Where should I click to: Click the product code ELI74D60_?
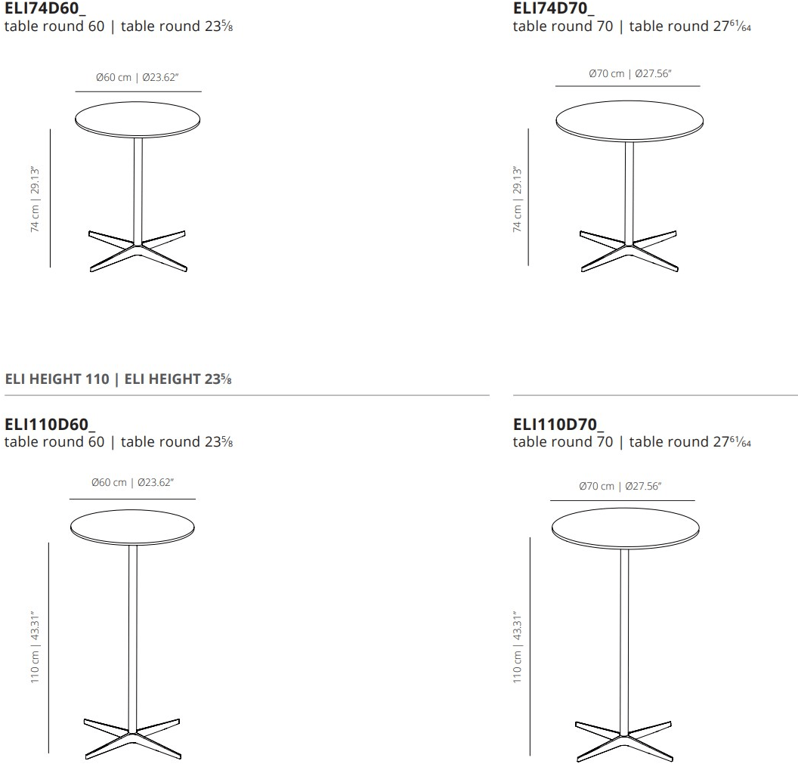[x=45, y=8]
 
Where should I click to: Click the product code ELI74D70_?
[x=553, y=8]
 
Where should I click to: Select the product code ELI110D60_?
[x=49, y=424]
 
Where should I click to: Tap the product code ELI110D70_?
[x=558, y=424]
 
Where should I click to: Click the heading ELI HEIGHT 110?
[x=57, y=379]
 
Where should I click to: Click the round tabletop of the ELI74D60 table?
[x=138, y=119]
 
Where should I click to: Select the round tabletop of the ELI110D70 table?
[x=626, y=528]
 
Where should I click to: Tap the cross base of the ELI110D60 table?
[x=132, y=738]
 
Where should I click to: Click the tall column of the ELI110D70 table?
[x=624, y=642]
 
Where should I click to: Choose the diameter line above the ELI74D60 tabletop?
[x=138, y=91]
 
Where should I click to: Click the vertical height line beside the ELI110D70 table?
[x=530, y=646]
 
